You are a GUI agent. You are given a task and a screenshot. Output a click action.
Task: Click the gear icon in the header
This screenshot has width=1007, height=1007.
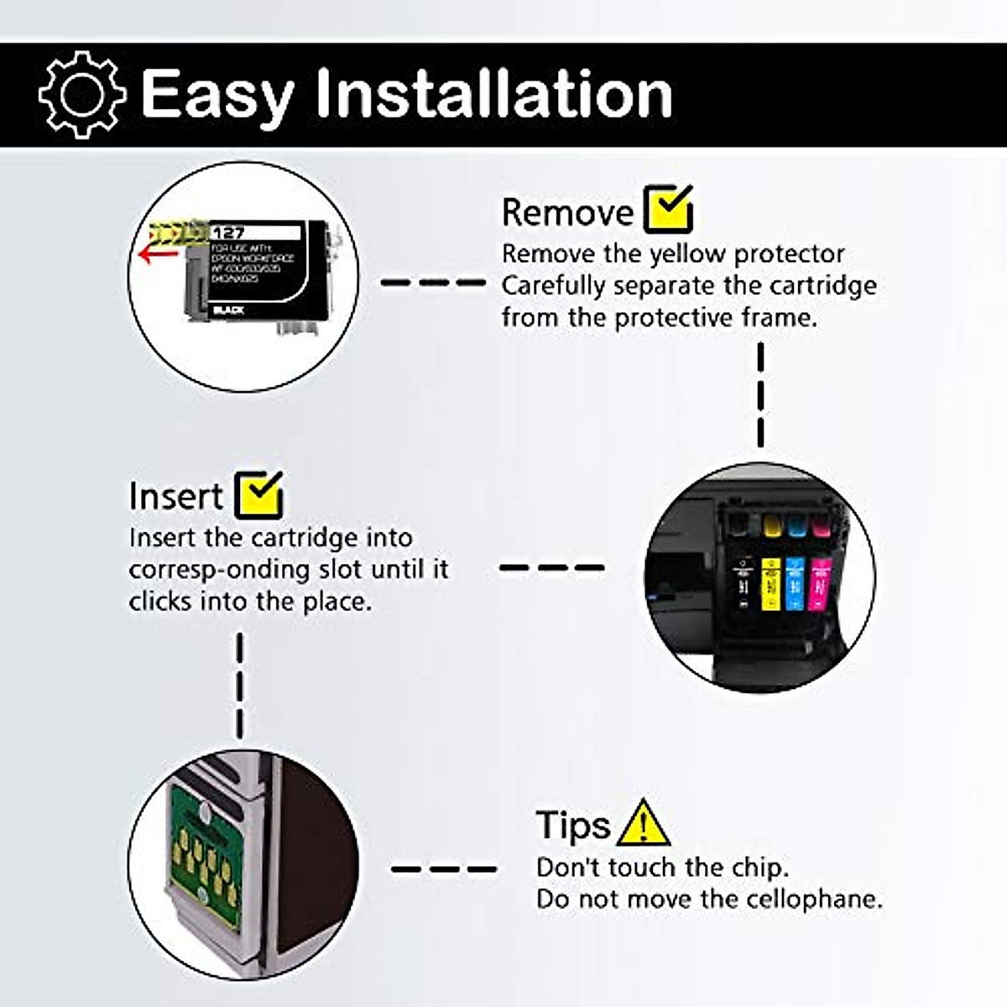pyautogui.click(x=82, y=94)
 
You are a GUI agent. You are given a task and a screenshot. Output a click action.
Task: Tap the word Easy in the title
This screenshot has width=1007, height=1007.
pyautogui.click(x=217, y=95)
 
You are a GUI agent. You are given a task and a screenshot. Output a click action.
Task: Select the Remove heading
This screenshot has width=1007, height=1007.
pyautogui.click(x=567, y=212)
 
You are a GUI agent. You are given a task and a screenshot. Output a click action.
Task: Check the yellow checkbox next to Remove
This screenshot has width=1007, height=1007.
pyautogui.click(x=668, y=209)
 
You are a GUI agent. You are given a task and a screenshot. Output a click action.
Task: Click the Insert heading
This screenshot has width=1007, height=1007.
pyautogui.click(x=175, y=496)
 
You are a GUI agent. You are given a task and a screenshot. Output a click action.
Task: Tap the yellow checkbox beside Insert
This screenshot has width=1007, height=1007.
pyautogui.click(x=259, y=494)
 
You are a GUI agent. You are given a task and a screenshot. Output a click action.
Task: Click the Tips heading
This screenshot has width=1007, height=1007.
pyautogui.click(x=572, y=825)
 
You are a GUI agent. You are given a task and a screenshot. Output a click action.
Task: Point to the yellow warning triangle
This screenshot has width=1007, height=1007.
pyautogui.click(x=643, y=824)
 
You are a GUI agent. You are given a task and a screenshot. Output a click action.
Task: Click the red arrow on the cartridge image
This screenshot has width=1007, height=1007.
pyautogui.click(x=154, y=253)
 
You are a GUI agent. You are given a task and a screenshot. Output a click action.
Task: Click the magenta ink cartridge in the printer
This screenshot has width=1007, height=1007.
pyautogui.click(x=820, y=579)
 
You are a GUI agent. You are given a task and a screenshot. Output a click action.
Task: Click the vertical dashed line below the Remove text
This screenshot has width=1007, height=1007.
pyautogui.click(x=760, y=394)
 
